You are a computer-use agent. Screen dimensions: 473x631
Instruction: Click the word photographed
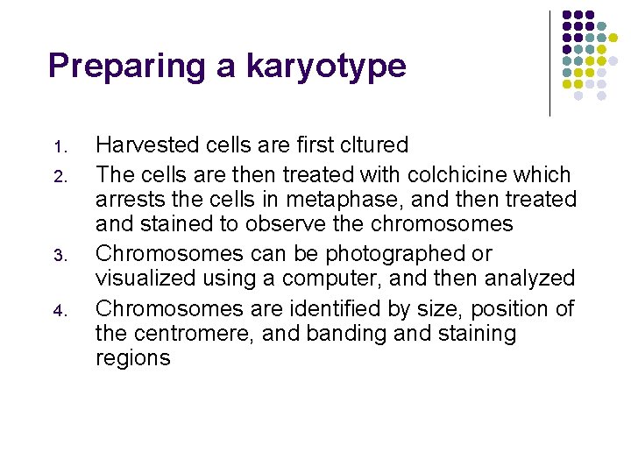click(x=397, y=254)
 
